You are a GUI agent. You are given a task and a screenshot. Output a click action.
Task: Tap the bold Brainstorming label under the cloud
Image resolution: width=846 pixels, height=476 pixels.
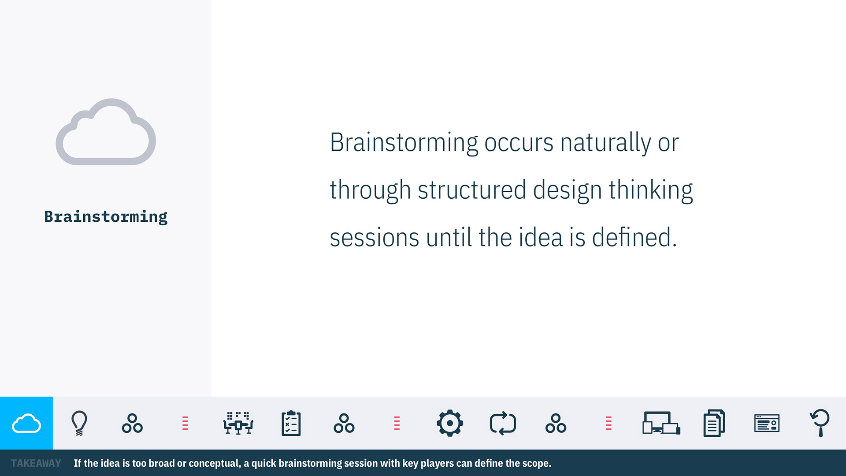click(106, 217)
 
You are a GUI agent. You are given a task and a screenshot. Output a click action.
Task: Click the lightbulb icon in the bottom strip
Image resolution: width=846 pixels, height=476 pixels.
click(79, 423)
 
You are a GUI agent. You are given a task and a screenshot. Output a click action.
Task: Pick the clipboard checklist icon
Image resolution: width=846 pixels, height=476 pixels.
click(291, 424)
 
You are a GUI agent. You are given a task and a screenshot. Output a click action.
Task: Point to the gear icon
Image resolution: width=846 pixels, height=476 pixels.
click(449, 423)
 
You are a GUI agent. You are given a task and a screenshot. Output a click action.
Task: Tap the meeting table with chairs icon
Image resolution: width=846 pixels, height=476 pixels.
click(238, 424)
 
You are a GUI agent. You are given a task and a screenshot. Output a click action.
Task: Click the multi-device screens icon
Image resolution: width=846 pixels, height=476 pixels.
click(661, 424)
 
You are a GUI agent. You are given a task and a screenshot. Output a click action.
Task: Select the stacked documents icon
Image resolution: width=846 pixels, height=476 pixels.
click(714, 424)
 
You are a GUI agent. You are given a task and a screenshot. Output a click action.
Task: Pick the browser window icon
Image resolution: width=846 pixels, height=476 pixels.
click(767, 424)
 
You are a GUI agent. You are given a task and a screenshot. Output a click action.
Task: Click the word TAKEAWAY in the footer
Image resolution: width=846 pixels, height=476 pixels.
click(36, 463)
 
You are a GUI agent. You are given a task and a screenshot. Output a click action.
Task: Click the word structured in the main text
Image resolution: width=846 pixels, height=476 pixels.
click(472, 190)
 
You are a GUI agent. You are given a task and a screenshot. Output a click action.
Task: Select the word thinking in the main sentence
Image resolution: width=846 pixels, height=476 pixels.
click(651, 190)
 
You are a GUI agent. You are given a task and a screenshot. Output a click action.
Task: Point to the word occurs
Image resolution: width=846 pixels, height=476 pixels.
click(519, 144)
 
